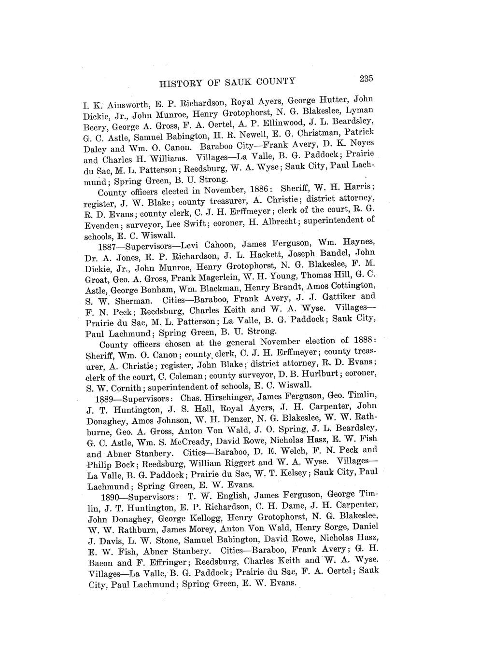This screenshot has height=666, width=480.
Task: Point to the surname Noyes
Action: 361,143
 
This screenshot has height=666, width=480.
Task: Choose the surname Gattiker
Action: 337,297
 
